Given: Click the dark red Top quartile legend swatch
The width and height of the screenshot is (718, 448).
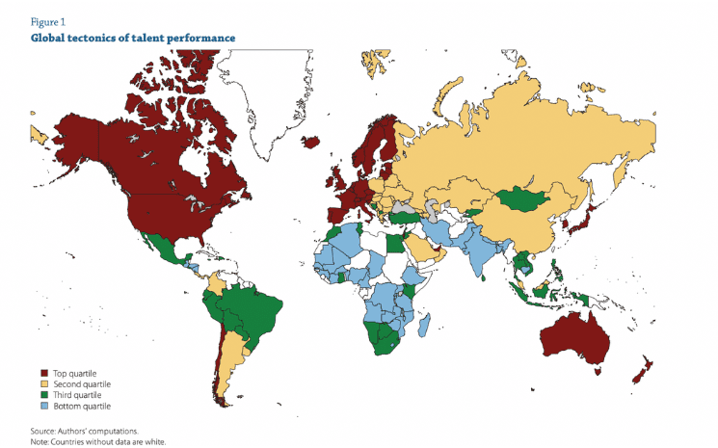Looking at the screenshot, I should click(x=43, y=373).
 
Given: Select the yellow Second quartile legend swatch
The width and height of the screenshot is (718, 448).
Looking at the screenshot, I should click(x=43, y=383).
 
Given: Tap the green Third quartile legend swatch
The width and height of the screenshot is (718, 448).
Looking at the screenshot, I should click(x=43, y=394).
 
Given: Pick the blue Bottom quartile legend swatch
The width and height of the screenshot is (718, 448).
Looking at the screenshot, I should click(x=43, y=406).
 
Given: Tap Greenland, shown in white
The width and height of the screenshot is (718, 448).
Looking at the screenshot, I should click(x=270, y=96).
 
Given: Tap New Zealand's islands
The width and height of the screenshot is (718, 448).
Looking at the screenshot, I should click(x=640, y=369).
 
